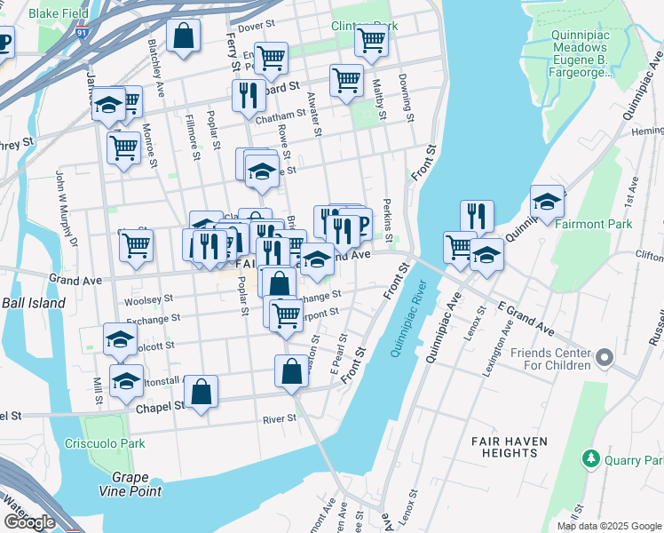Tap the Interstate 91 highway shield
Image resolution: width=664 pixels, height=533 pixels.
pos(83,33)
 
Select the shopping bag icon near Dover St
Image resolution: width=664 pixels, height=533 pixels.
pos(183,36)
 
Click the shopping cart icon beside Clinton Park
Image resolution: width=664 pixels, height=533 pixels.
pos(371,39)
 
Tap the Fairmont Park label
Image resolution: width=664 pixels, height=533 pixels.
pos(593,224)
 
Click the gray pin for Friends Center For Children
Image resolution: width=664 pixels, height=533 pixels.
pos(605,358)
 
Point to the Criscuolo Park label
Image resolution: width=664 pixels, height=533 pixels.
pos(104,442)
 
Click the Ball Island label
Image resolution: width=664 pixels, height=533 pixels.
pos(33,303)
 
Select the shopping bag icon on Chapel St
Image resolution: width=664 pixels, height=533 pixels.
pos(201,390)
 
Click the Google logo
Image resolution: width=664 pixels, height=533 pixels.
pos(29,521)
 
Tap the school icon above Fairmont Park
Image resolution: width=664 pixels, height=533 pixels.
pos(547,202)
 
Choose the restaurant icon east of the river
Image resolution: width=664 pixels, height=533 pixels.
pos(477,215)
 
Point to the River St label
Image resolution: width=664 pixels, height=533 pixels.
pos(279,419)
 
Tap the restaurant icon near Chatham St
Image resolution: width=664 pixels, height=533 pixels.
pos(248,95)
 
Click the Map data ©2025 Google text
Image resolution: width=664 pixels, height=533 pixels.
pos(609,526)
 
